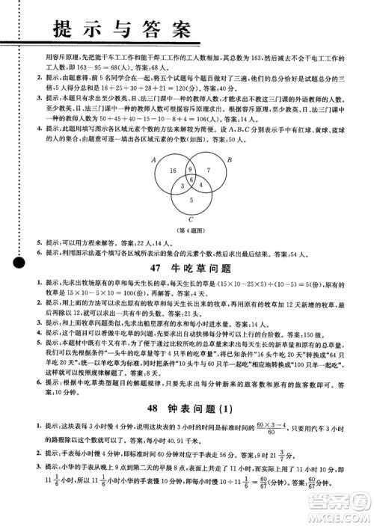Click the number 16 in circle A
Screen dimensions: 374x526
pos(174,172)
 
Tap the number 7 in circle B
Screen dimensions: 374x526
pos(209,171)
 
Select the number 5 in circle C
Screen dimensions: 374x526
pos(191,201)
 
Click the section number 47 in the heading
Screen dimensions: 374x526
pos(156,268)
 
